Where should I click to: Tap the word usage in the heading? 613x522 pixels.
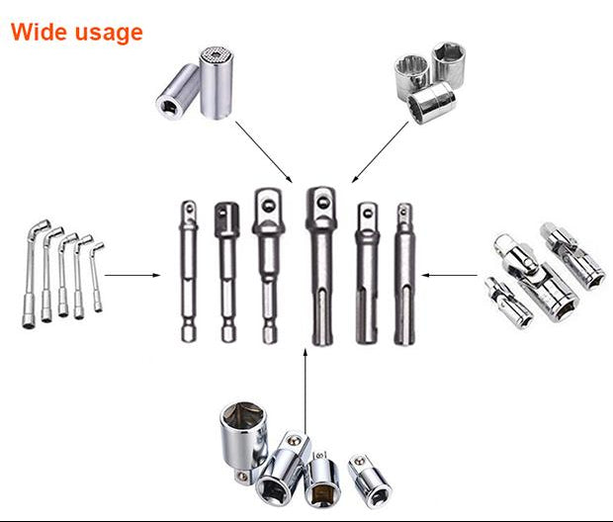(108, 34)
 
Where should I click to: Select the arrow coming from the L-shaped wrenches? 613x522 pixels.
(132, 275)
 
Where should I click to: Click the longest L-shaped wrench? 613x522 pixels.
(41, 273)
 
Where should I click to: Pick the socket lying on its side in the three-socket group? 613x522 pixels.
(433, 102)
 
